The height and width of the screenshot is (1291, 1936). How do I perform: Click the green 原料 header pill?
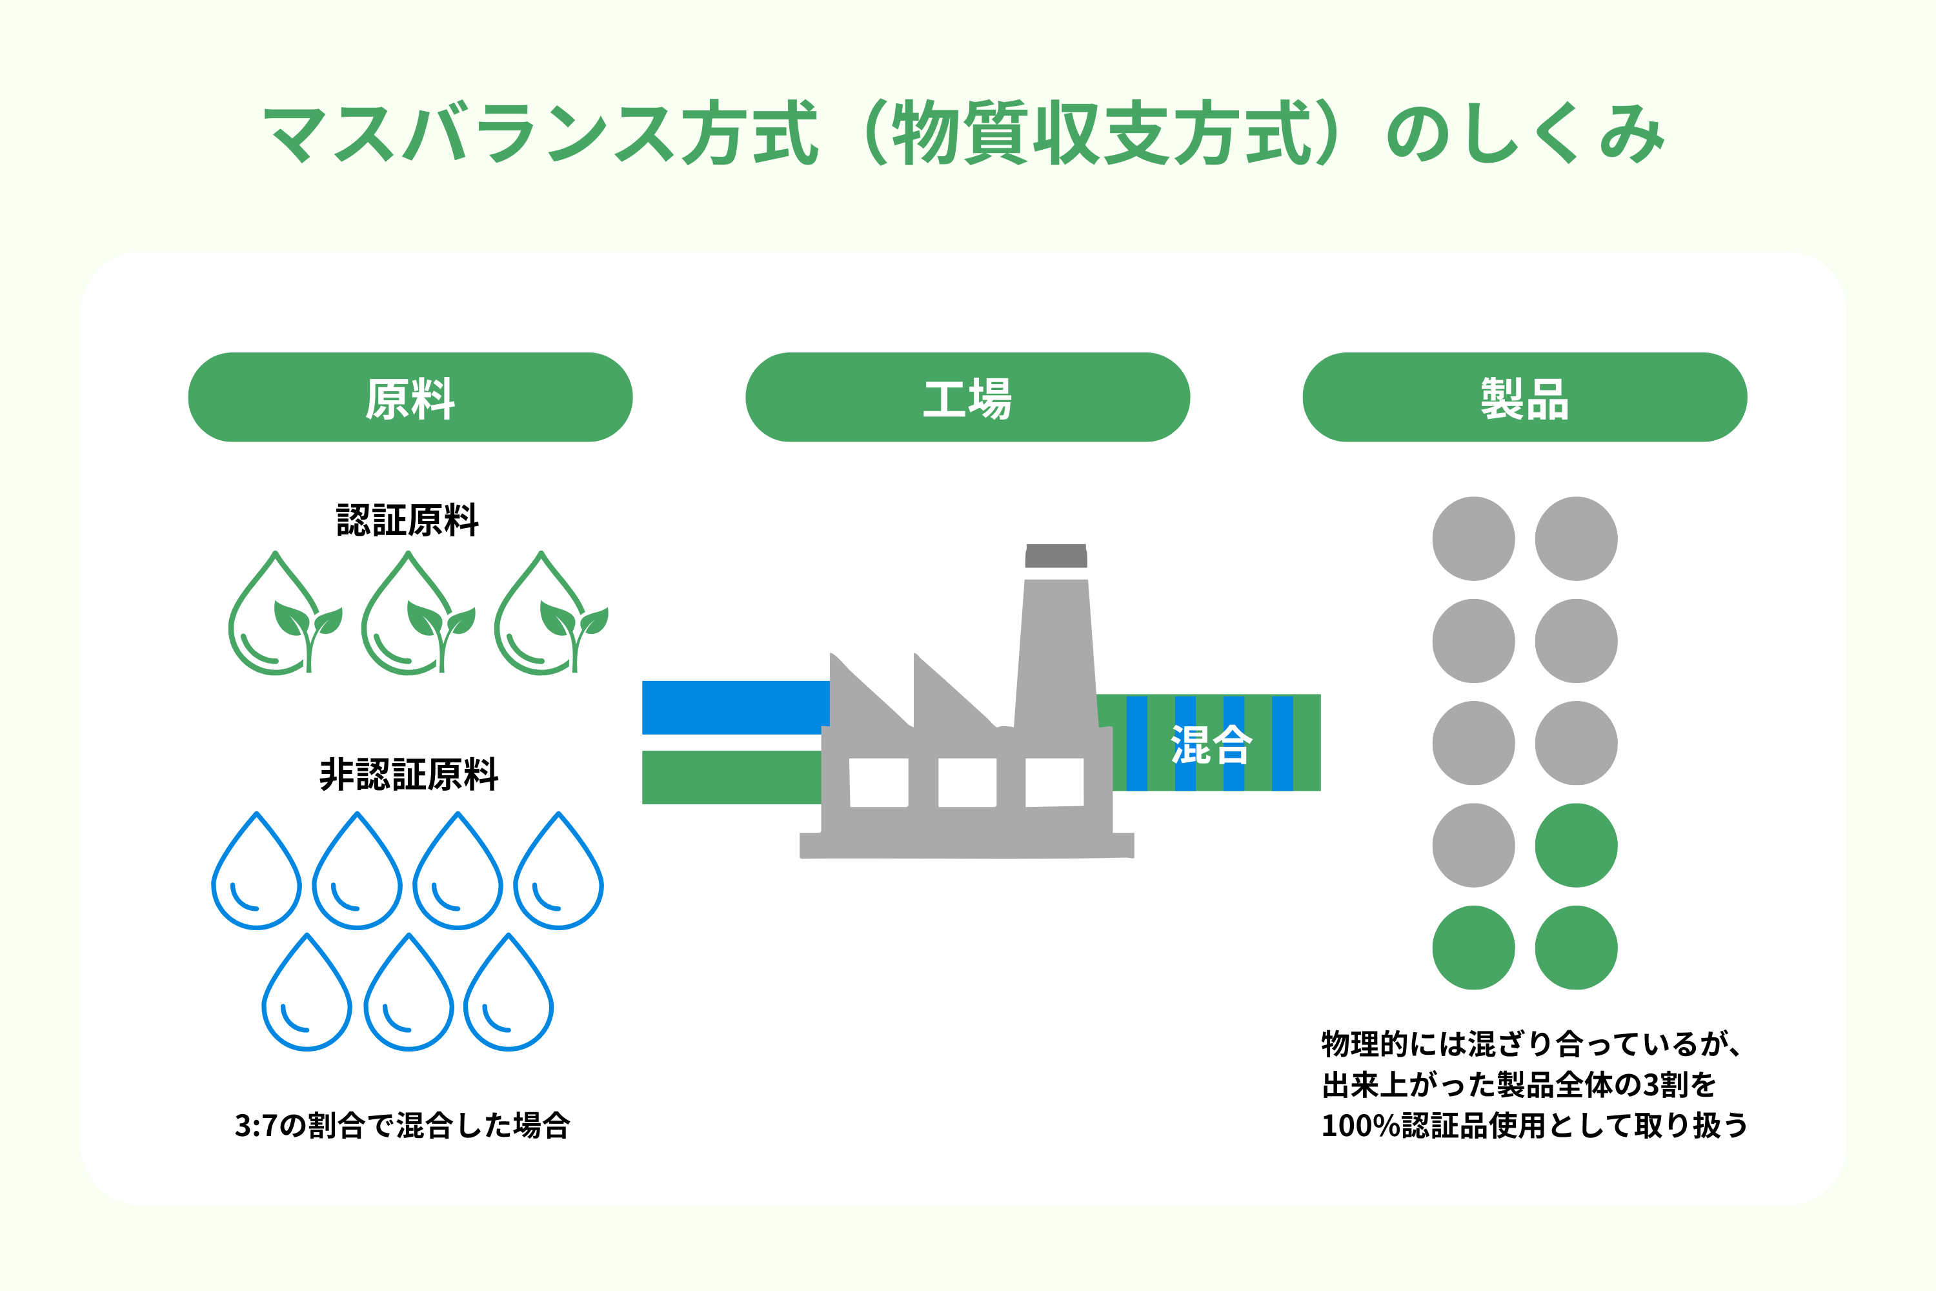(x=410, y=398)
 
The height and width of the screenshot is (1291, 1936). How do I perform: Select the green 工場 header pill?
(x=967, y=398)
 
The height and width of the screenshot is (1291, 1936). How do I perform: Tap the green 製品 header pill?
(x=1524, y=398)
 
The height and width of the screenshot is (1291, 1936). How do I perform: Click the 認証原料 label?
(x=407, y=520)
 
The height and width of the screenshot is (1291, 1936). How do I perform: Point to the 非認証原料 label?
(x=408, y=775)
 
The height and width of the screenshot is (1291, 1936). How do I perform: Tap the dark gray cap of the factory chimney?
(x=1056, y=556)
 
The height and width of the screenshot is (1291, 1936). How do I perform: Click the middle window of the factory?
(x=967, y=782)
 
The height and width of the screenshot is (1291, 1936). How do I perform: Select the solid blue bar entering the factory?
(x=734, y=707)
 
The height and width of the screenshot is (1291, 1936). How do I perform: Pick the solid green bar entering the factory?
(x=731, y=777)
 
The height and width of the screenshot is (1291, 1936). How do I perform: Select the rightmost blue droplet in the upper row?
(x=558, y=875)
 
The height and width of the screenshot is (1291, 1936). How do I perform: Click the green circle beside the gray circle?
(x=1575, y=846)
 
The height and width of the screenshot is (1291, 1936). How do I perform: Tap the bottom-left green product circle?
(x=1473, y=948)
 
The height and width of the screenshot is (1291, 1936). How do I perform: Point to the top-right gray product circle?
(x=1575, y=538)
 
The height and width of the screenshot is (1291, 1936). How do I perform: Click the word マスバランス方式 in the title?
(x=540, y=134)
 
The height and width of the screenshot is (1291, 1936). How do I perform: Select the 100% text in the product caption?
(x=1360, y=1126)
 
